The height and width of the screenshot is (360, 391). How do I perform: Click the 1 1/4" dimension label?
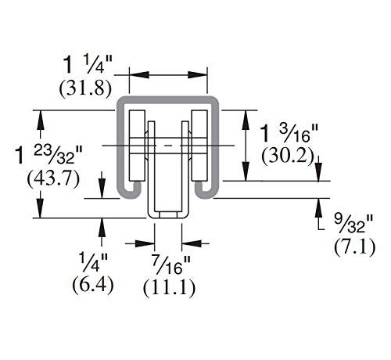pos(88,64)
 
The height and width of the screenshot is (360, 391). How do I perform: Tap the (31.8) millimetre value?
pos(85,88)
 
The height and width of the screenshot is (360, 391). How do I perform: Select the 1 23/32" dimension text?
pos(49,154)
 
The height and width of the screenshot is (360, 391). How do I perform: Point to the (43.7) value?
pos(53,179)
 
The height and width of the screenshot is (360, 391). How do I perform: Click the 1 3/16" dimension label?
pos(289,133)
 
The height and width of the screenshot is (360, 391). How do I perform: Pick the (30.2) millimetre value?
pos(288,157)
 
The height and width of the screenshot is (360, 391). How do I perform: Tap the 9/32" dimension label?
pos(354,224)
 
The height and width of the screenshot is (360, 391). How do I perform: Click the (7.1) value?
pos(355,247)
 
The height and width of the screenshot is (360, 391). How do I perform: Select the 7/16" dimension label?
pos(170,265)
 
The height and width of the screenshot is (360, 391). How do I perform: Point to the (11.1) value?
pos(169,288)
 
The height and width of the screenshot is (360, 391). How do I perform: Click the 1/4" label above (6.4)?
pos(94,262)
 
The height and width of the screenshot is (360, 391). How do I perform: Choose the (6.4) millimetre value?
pos(93,285)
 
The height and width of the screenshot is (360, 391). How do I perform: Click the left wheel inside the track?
pos(137,146)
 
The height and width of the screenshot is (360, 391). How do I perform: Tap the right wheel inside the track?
pos(199,146)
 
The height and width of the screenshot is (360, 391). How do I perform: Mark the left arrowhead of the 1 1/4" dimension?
pos(139,75)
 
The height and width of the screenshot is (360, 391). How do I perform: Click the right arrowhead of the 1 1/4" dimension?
pos(198,75)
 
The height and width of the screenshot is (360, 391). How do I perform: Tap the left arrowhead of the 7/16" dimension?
pos(145,243)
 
